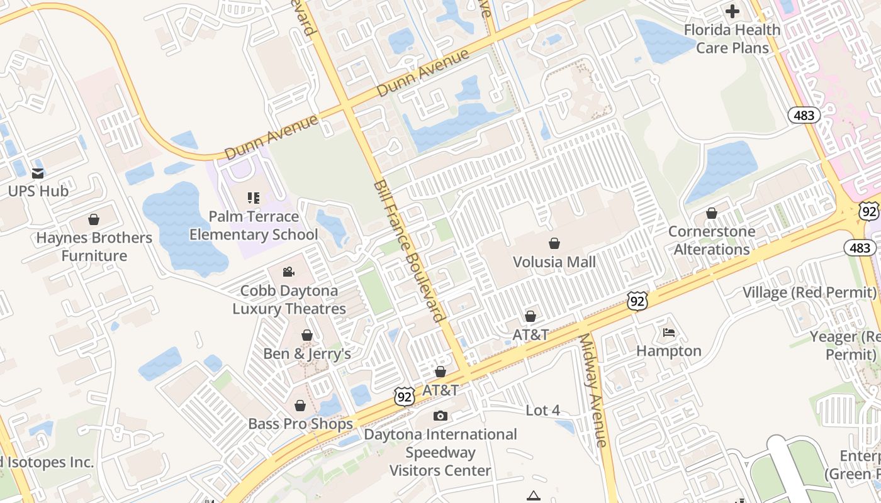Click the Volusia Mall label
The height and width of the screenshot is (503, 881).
(x=554, y=262)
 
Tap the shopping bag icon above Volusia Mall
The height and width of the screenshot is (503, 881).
(x=554, y=243)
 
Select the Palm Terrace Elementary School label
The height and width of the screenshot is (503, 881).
(x=254, y=226)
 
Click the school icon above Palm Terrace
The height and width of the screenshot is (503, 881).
(x=254, y=199)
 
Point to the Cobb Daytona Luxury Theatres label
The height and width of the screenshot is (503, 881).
(x=289, y=300)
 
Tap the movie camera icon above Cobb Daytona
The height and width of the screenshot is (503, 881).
(x=289, y=272)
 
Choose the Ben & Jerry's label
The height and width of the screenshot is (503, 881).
(x=307, y=353)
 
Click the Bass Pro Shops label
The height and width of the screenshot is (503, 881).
(x=300, y=424)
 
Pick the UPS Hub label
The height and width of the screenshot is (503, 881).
(x=38, y=191)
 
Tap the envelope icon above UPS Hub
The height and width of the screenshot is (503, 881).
(x=38, y=173)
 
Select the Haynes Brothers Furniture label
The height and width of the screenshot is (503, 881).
(x=94, y=246)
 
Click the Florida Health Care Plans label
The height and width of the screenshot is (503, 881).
(x=732, y=39)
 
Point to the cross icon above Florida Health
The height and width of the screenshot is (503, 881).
(x=732, y=11)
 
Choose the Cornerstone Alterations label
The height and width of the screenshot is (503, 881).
(x=712, y=240)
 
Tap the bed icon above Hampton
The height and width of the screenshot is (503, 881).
(x=669, y=333)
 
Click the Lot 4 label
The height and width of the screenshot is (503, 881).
(x=542, y=411)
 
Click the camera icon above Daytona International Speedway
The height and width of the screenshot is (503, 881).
(x=441, y=416)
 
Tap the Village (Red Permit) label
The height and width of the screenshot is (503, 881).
(x=809, y=292)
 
